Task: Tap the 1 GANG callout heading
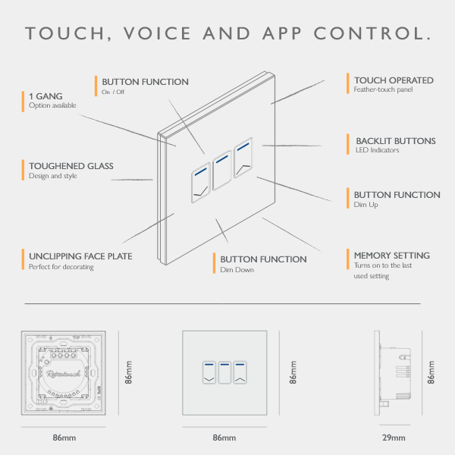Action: click(45, 96)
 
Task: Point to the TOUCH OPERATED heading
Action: click(394, 80)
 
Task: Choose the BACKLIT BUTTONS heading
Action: click(395, 141)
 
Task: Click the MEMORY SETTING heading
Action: click(391, 256)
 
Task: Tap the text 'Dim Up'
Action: click(366, 206)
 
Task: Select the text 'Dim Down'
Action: click(237, 270)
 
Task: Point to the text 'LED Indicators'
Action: click(377, 150)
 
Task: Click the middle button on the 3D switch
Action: click(221, 171)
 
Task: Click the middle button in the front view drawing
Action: click(224, 372)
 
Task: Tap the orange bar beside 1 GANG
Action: click(23, 101)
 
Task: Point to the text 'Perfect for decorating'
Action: click(61, 267)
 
